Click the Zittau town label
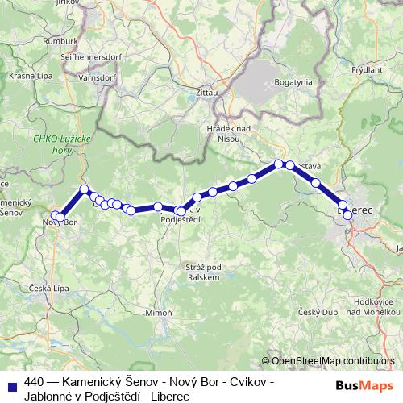tap(207, 93)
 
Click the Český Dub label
tap(316, 312)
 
